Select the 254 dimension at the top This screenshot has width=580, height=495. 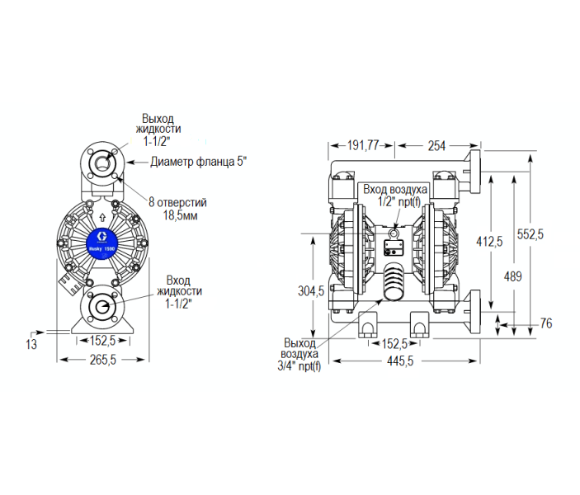point(436,146)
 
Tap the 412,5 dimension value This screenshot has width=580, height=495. point(489,241)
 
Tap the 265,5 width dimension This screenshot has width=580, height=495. point(102,359)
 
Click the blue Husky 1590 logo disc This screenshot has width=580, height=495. point(103,241)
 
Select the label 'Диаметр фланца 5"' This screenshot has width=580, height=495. point(198,161)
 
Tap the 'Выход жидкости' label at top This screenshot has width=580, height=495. point(160,128)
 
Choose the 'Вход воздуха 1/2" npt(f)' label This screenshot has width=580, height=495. point(396,195)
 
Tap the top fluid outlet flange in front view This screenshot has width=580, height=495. point(103,161)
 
